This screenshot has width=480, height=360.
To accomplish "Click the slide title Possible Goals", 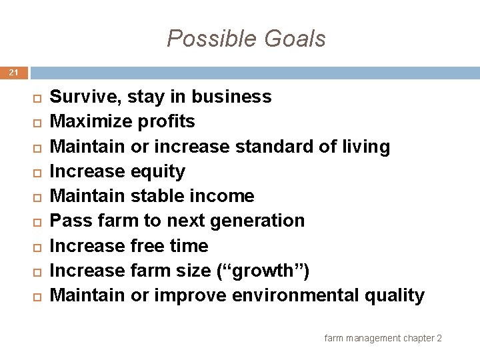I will (x=246, y=39).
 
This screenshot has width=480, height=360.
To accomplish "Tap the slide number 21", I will (x=14, y=73).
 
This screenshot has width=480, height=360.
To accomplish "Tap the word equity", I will (x=158, y=171).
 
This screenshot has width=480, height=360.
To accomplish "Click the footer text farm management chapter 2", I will (x=383, y=339).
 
